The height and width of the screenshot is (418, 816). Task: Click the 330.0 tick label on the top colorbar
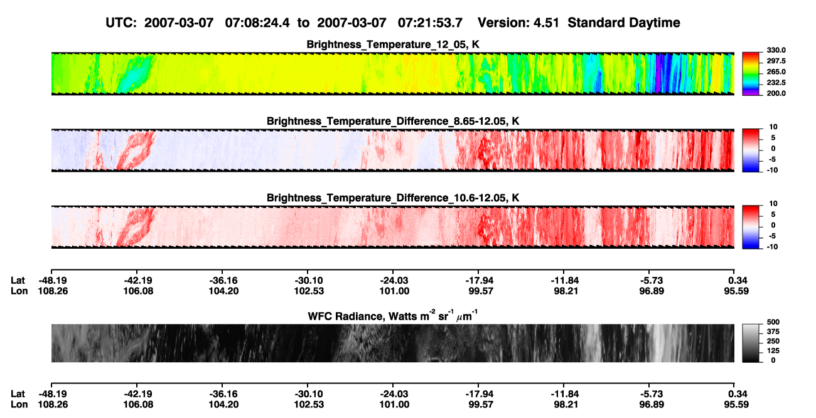click(776, 50)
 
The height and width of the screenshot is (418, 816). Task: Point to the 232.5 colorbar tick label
click(776, 83)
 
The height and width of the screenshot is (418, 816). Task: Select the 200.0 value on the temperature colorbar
click(776, 93)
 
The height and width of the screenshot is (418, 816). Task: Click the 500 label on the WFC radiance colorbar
click(773, 322)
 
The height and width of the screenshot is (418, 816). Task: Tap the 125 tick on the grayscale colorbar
click(773, 351)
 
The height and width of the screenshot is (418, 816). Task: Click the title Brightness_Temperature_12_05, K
click(393, 44)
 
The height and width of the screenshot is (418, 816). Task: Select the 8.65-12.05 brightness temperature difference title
click(393, 121)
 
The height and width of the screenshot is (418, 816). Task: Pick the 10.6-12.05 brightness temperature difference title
click(393, 198)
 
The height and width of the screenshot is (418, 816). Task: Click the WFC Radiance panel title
click(393, 316)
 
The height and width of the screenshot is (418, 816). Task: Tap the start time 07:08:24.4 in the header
click(257, 23)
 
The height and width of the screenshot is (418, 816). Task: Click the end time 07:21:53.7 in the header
click(430, 23)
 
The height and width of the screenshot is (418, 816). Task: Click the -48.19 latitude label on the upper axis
click(53, 281)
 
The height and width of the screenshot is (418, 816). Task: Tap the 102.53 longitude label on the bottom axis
click(309, 405)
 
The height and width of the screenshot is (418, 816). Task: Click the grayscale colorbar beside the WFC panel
click(751, 343)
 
